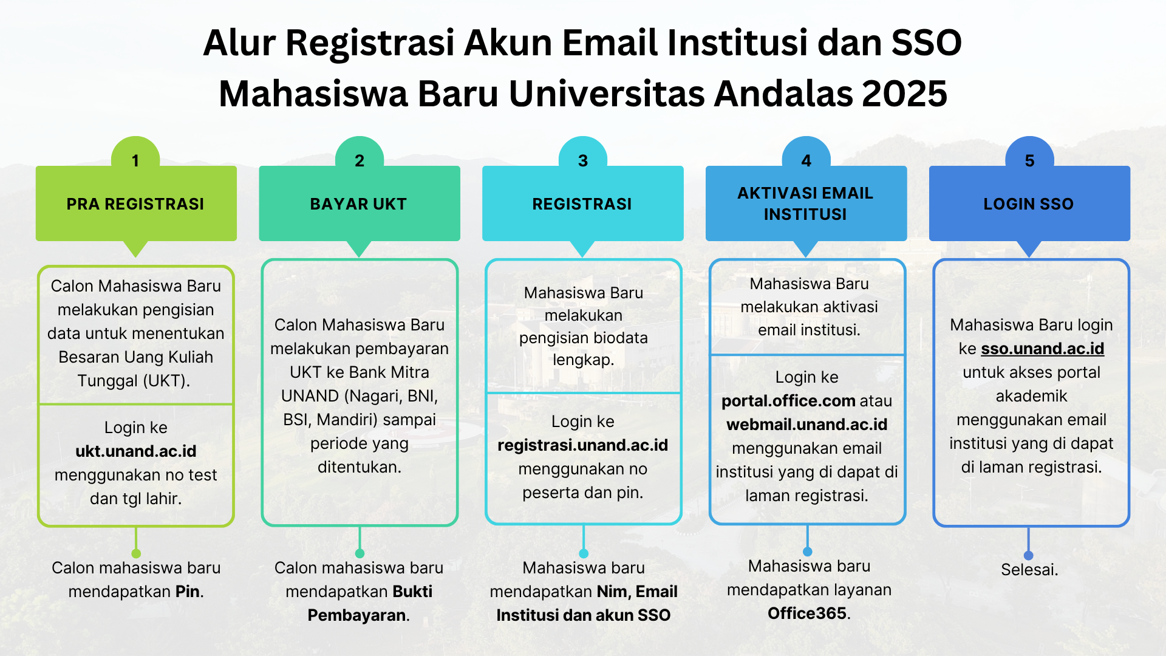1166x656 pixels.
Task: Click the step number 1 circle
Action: [135, 160]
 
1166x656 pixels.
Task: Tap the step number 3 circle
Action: [583, 160]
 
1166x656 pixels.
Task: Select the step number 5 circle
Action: [1029, 160]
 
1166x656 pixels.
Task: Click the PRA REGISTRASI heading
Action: [135, 204]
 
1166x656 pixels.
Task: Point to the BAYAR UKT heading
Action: [358, 204]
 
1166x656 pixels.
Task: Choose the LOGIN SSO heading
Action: [1029, 204]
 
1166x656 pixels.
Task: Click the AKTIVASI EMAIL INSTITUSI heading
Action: [805, 203]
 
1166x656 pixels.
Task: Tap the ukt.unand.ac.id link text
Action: [136, 451]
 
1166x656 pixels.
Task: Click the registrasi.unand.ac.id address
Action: [583, 445]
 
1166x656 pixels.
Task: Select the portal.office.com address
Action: [788, 401]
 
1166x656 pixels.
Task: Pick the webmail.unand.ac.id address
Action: [807, 425]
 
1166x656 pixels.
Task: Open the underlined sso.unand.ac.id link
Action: [1043, 349]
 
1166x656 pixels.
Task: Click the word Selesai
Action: [1029, 570]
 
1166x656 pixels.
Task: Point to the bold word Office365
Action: [807, 613]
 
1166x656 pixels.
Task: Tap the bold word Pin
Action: [188, 592]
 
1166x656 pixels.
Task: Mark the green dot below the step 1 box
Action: [136, 553]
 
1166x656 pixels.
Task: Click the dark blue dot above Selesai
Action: [1029, 555]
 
